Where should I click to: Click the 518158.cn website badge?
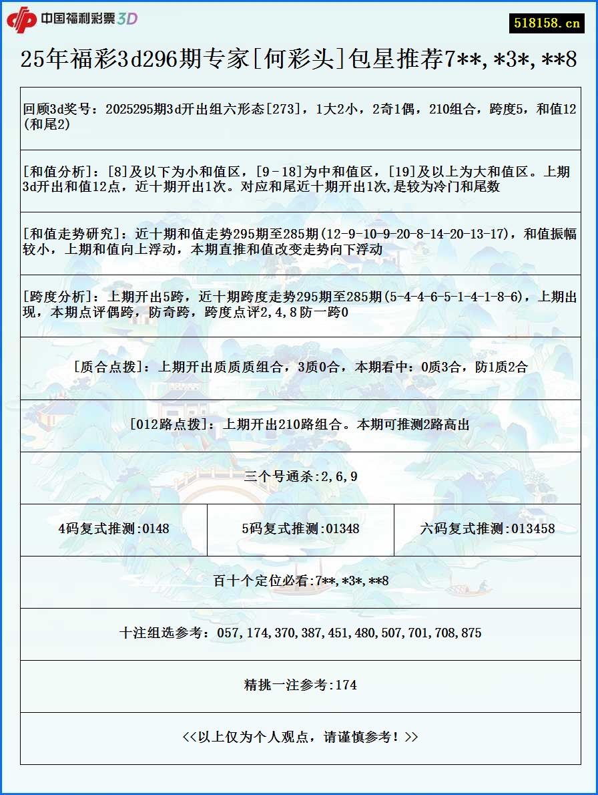click(547, 23)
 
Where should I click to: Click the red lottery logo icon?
click(21, 19)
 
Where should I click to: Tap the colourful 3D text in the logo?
click(127, 19)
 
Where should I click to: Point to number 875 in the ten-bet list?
click(469, 633)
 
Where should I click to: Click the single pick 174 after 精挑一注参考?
click(346, 685)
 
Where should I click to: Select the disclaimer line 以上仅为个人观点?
click(300, 737)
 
